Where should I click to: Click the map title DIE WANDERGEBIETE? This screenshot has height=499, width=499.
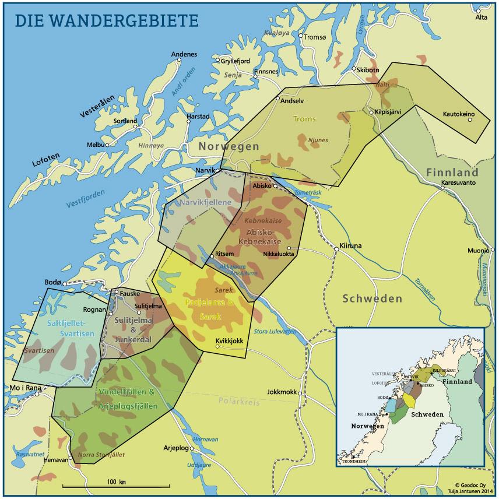[x=106, y=19]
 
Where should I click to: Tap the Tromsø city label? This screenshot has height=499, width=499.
[x=315, y=37]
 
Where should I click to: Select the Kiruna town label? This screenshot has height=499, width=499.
[x=350, y=245]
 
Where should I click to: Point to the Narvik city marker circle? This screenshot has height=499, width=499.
[x=219, y=170]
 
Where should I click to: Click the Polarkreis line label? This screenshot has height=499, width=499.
[x=240, y=402]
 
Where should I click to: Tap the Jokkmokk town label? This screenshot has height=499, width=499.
[x=283, y=392]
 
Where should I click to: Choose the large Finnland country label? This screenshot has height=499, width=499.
[x=452, y=173]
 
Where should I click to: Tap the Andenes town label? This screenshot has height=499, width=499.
[x=184, y=55]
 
